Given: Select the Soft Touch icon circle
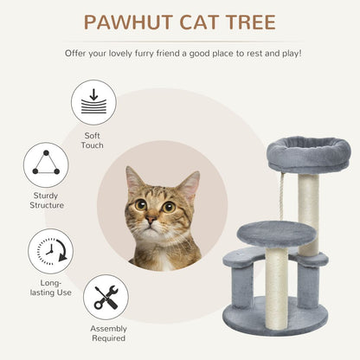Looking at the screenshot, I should [x=93, y=101].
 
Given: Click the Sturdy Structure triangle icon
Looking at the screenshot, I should [x=46, y=164].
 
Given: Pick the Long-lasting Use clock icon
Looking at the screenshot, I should [x=50, y=251].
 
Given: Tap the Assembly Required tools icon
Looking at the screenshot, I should [x=106, y=297].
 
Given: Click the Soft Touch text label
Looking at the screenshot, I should [x=93, y=139].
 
